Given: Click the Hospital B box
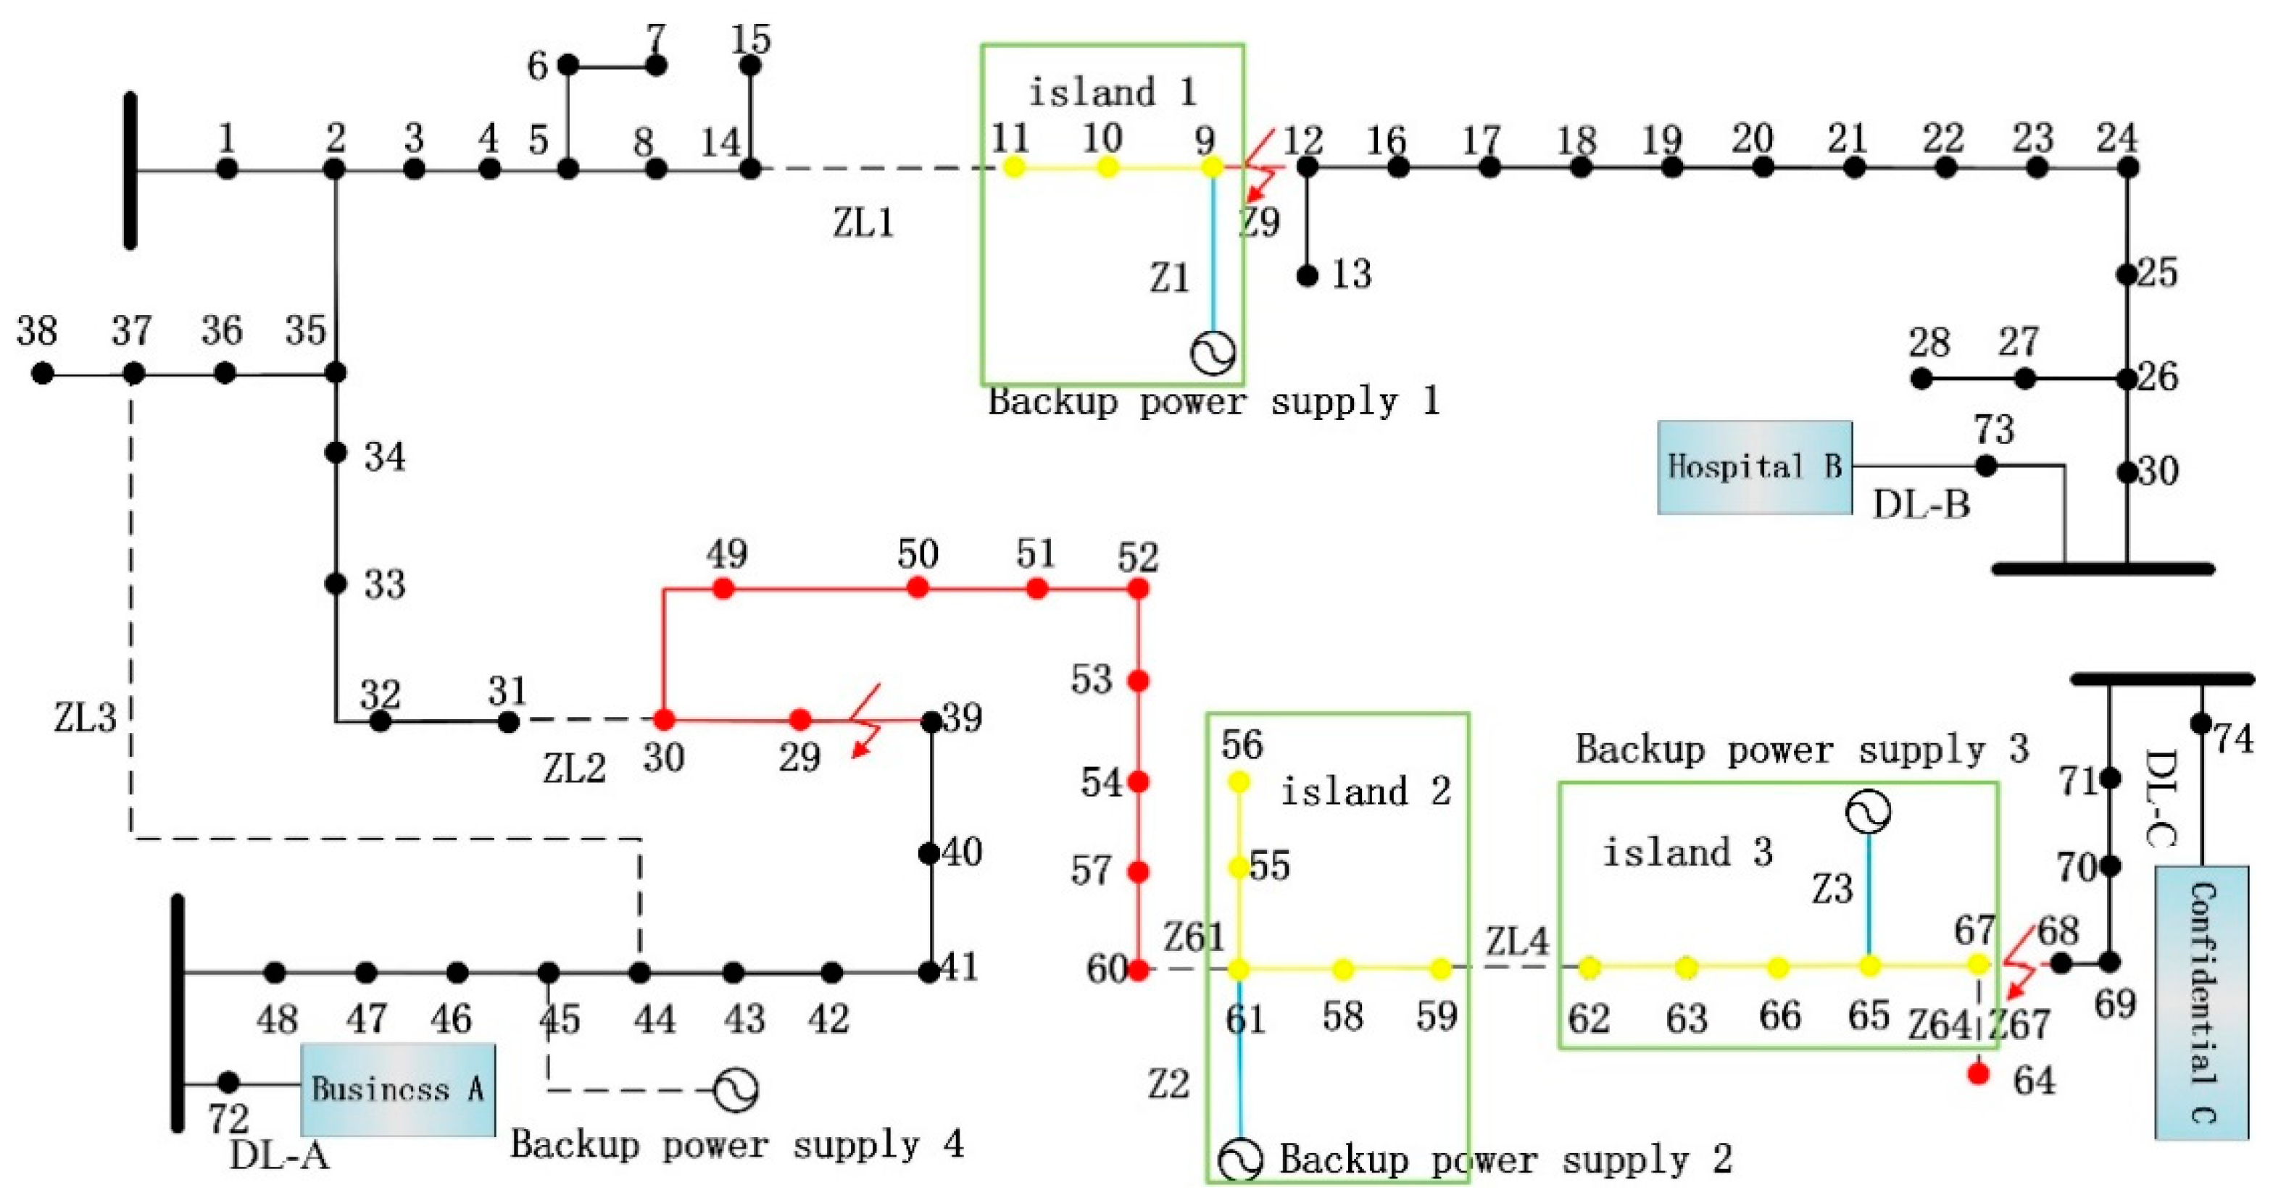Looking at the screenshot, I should point(1753,467).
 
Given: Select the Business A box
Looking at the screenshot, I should point(397,1089).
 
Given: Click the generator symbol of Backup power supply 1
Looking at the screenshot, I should point(1213,353).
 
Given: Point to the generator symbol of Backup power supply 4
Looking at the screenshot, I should point(735,1090).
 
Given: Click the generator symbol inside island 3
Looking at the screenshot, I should point(1868,811).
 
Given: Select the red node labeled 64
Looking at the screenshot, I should point(1978,1074).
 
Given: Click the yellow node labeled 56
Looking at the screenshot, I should point(1239,781).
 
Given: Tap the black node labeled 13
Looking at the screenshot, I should point(1308,276).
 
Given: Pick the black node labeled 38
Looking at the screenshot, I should point(42,374).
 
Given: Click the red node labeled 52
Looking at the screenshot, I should point(1138,588).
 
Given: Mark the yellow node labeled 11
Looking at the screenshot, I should point(1015,167).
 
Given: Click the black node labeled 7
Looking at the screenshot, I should point(656,65).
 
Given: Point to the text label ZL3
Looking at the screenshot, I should point(85,718).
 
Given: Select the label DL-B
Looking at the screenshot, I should point(1921,506).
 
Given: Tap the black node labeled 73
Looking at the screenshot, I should point(1985,466).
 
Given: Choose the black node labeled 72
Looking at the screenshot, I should point(228,1081).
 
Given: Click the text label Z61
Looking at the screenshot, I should point(1194,937).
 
